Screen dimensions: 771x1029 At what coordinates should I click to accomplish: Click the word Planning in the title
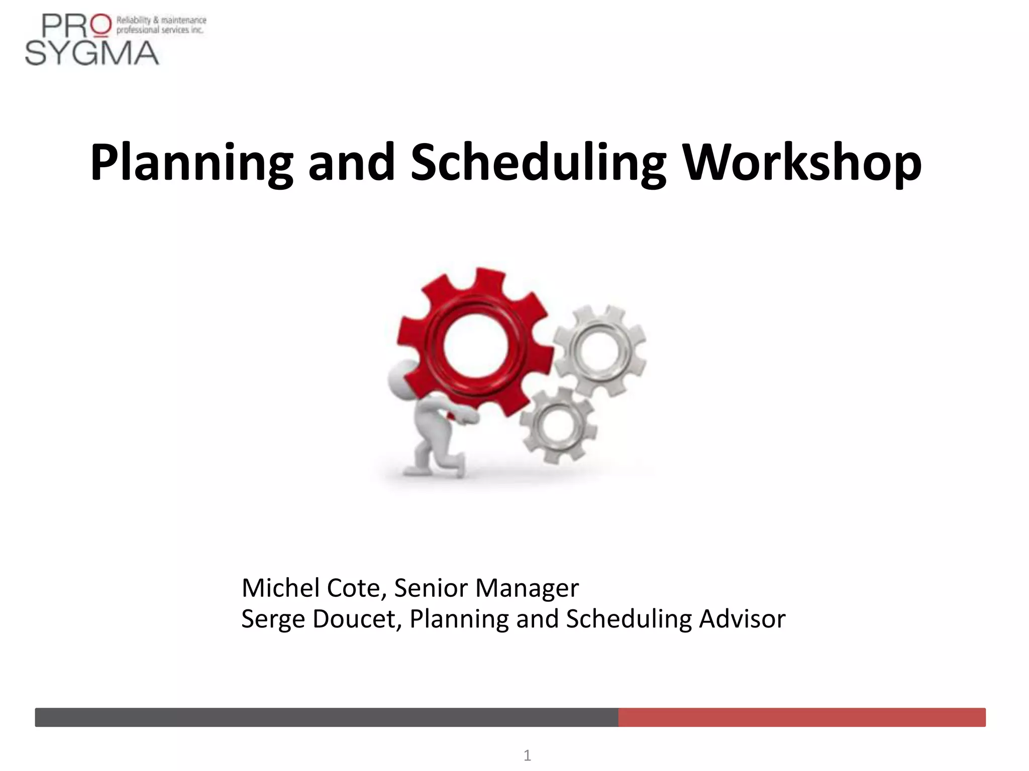click(x=191, y=164)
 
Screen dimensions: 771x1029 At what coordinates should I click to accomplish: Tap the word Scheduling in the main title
click(x=538, y=164)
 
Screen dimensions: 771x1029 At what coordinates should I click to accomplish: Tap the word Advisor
click(x=742, y=619)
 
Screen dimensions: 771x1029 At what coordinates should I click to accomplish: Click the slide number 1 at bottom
click(x=527, y=755)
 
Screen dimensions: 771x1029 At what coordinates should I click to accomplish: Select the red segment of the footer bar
click(x=801, y=717)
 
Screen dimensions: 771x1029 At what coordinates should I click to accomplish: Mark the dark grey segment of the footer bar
click(x=327, y=717)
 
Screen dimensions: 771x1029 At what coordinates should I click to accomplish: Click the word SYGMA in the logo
click(x=92, y=53)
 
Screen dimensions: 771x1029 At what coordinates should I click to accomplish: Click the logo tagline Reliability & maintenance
click(x=161, y=21)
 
